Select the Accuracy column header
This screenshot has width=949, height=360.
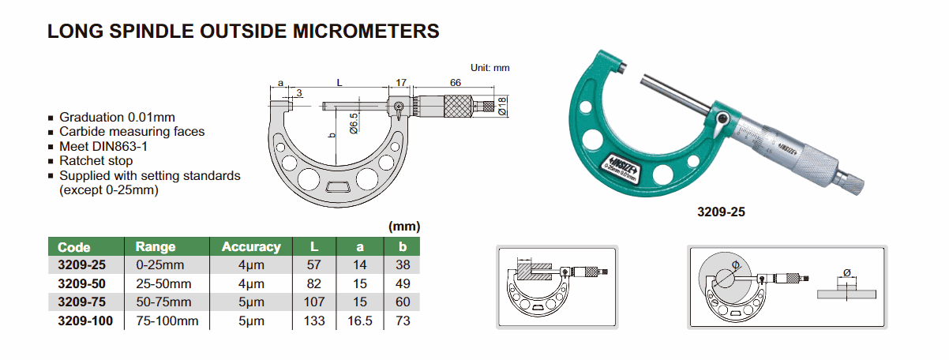(250, 246)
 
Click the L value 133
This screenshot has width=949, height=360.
(314, 321)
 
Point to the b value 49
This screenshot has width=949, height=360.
(403, 283)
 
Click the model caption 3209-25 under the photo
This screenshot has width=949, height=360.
(721, 212)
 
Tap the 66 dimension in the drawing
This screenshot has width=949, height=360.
(456, 83)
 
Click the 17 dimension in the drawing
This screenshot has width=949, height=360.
(400, 83)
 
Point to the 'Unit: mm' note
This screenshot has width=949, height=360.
(491, 68)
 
